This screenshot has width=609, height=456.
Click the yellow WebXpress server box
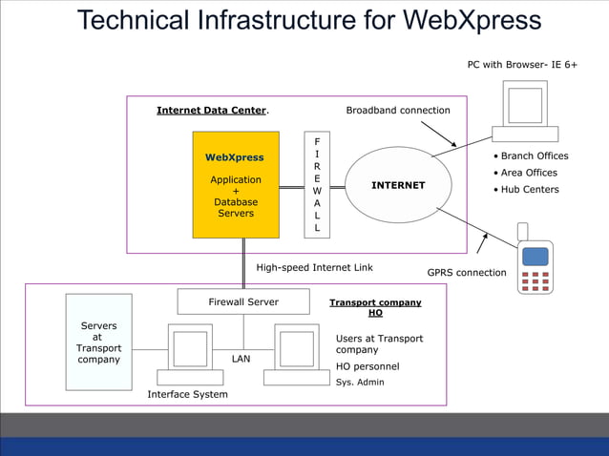click(x=236, y=184)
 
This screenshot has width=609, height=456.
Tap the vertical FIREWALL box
click(x=317, y=184)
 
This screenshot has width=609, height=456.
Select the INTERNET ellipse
click(x=398, y=185)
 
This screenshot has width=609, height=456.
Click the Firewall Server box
click(x=243, y=301)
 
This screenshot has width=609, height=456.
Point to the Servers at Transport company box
click(x=99, y=342)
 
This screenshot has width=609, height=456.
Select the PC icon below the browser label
click(x=526, y=111)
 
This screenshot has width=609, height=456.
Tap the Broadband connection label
click(x=397, y=111)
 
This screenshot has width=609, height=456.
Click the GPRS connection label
click(x=467, y=273)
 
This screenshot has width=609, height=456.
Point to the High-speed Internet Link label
click(x=314, y=268)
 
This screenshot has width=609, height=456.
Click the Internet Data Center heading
click(x=212, y=111)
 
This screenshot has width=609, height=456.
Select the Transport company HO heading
click(x=375, y=307)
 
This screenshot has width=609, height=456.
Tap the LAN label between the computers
click(x=241, y=360)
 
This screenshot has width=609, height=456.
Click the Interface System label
click(x=187, y=394)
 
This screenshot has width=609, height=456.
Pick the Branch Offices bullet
click(x=530, y=156)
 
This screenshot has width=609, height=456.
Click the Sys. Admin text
click(x=360, y=382)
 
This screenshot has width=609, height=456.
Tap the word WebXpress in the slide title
click(x=472, y=20)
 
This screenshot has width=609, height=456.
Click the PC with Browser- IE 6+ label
click(x=522, y=65)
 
